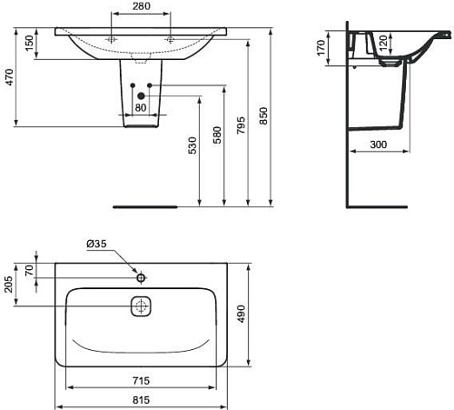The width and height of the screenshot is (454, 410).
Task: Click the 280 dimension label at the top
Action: (x=141, y=6)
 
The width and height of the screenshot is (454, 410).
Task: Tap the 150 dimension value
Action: (x=29, y=43)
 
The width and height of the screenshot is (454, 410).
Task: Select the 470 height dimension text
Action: (x=9, y=77)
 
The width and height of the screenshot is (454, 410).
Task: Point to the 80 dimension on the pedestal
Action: (x=141, y=107)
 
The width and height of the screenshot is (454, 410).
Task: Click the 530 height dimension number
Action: (x=192, y=145)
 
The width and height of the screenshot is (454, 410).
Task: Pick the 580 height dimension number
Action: (x=217, y=135)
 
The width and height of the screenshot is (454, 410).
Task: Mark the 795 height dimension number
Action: (x=241, y=125)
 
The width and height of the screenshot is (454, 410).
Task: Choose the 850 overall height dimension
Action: (x=263, y=115)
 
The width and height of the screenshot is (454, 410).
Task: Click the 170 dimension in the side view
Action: (x=321, y=48)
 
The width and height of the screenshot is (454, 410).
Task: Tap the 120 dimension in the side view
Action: (x=383, y=44)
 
